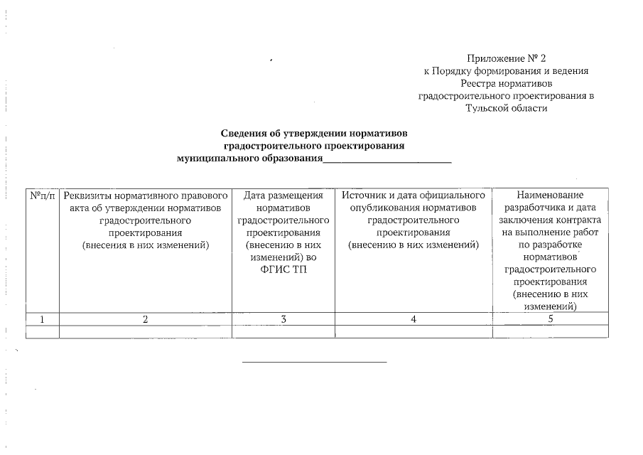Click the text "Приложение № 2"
click(x=507, y=58)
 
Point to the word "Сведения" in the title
click(x=244, y=133)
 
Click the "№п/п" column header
click(x=42, y=194)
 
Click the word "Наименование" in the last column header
click(x=551, y=194)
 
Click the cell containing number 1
click(x=42, y=319)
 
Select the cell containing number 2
click(x=146, y=319)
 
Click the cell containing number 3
click(x=283, y=319)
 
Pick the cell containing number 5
click(x=551, y=319)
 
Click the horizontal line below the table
click(x=315, y=363)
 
